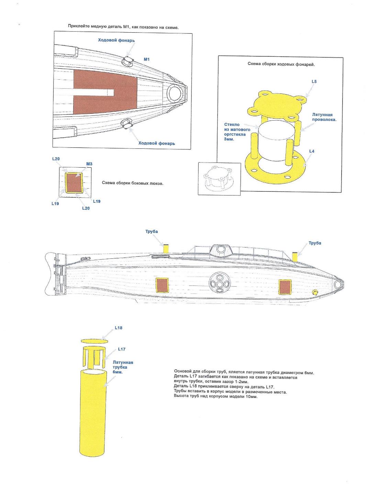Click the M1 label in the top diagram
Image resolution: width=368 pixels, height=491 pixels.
tap(146, 60)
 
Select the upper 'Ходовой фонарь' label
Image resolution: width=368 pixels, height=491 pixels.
tap(116, 41)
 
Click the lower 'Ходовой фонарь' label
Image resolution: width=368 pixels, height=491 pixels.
tap(156, 143)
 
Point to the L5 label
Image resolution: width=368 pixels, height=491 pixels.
tap(314, 81)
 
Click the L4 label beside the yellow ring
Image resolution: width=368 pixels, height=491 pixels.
tap(312, 151)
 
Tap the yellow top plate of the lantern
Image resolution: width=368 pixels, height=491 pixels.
tap(277, 103)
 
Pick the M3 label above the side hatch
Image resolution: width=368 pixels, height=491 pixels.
tap(89, 164)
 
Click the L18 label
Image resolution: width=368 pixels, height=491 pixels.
tap(118, 328)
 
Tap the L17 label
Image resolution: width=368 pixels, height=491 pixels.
tap(122, 349)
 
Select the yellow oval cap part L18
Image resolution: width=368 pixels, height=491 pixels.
tap(94, 341)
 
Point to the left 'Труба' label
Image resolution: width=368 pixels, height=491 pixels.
tap(152, 232)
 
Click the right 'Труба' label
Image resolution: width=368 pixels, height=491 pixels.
tap(315, 243)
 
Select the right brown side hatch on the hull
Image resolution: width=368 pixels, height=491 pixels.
tap(285, 287)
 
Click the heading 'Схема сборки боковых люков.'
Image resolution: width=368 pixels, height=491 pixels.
tap(133, 183)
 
